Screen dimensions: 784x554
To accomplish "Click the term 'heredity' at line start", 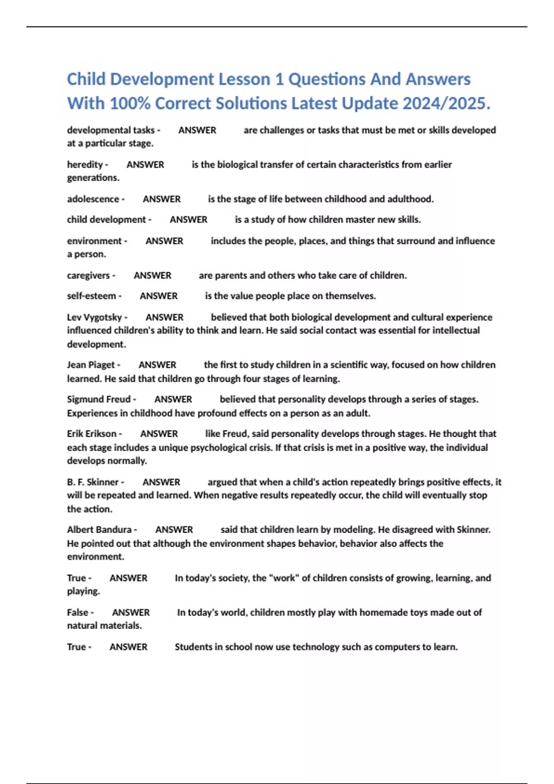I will pos(85,165).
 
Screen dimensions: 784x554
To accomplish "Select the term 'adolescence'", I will pos(93,199).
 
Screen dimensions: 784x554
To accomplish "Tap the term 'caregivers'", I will pos(88,275).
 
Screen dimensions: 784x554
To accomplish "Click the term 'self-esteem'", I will pos(91,296).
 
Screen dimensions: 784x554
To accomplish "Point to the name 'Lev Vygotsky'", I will pos(94,317).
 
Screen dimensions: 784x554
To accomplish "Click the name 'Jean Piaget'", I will pos(90,365).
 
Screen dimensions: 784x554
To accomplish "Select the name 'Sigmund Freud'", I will pos(98,399).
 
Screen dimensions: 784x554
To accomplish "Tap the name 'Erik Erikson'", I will pos(91,434).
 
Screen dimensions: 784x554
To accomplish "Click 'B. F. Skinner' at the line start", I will pos(92,482).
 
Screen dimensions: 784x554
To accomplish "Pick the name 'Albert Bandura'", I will pos(99,530).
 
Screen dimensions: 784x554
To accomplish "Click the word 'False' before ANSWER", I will pos(77,612).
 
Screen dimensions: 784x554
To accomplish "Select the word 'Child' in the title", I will pos(86,79).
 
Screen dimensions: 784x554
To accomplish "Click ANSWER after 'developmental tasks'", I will pos(197,131).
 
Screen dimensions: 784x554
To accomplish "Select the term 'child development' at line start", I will pos(106,220).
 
